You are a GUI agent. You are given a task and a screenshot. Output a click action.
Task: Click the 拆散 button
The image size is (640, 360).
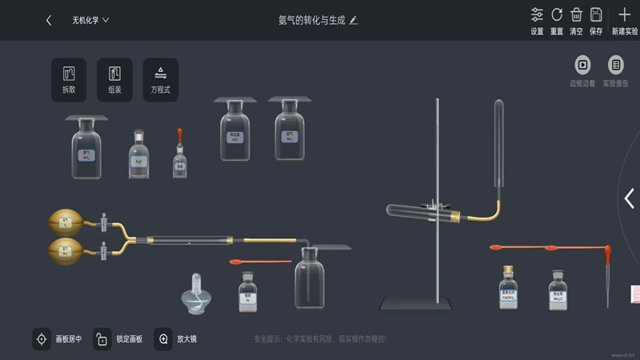[x=69, y=79]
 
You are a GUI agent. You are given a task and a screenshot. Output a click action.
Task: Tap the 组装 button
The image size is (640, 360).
[x=114, y=79]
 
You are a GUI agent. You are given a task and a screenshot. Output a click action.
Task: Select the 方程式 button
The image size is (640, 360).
[x=161, y=79]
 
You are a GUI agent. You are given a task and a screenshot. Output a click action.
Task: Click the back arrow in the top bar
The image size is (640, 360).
[x=49, y=20]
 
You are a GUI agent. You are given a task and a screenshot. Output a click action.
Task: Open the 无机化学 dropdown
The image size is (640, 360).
[x=90, y=20]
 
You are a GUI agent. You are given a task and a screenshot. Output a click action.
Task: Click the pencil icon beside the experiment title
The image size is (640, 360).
[x=354, y=20]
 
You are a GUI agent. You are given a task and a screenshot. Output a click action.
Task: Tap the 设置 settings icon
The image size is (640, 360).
[x=537, y=15]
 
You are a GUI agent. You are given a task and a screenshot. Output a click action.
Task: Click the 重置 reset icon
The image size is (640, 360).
[x=557, y=15]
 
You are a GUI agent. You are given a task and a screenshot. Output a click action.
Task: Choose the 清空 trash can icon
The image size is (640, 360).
[x=576, y=15]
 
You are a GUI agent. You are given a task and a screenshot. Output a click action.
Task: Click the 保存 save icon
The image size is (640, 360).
[x=596, y=15]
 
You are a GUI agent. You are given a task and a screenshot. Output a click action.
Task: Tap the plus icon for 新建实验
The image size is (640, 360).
[x=625, y=15]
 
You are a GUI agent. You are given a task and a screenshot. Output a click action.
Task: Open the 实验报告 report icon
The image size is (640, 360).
[x=616, y=66]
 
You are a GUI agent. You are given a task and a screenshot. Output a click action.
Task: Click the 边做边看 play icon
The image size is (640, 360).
[x=582, y=66]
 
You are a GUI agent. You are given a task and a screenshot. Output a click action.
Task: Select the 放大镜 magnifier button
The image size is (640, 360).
[x=163, y=339]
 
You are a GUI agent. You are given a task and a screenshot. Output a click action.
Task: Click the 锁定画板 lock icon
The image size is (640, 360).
[x=102, y=339]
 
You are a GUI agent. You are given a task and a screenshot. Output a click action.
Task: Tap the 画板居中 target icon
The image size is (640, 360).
[x=42, y=339]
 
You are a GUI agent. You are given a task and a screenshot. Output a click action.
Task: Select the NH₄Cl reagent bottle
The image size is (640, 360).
[x=558, y=291]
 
